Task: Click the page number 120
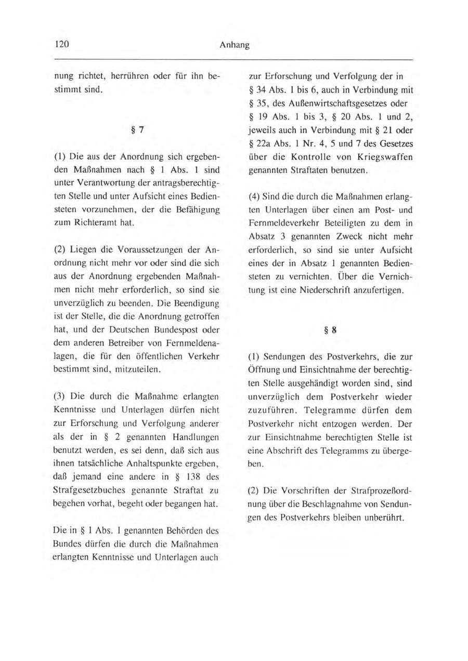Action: click(x=63, y=45)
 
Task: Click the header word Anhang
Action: click(x=234, y=45)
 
